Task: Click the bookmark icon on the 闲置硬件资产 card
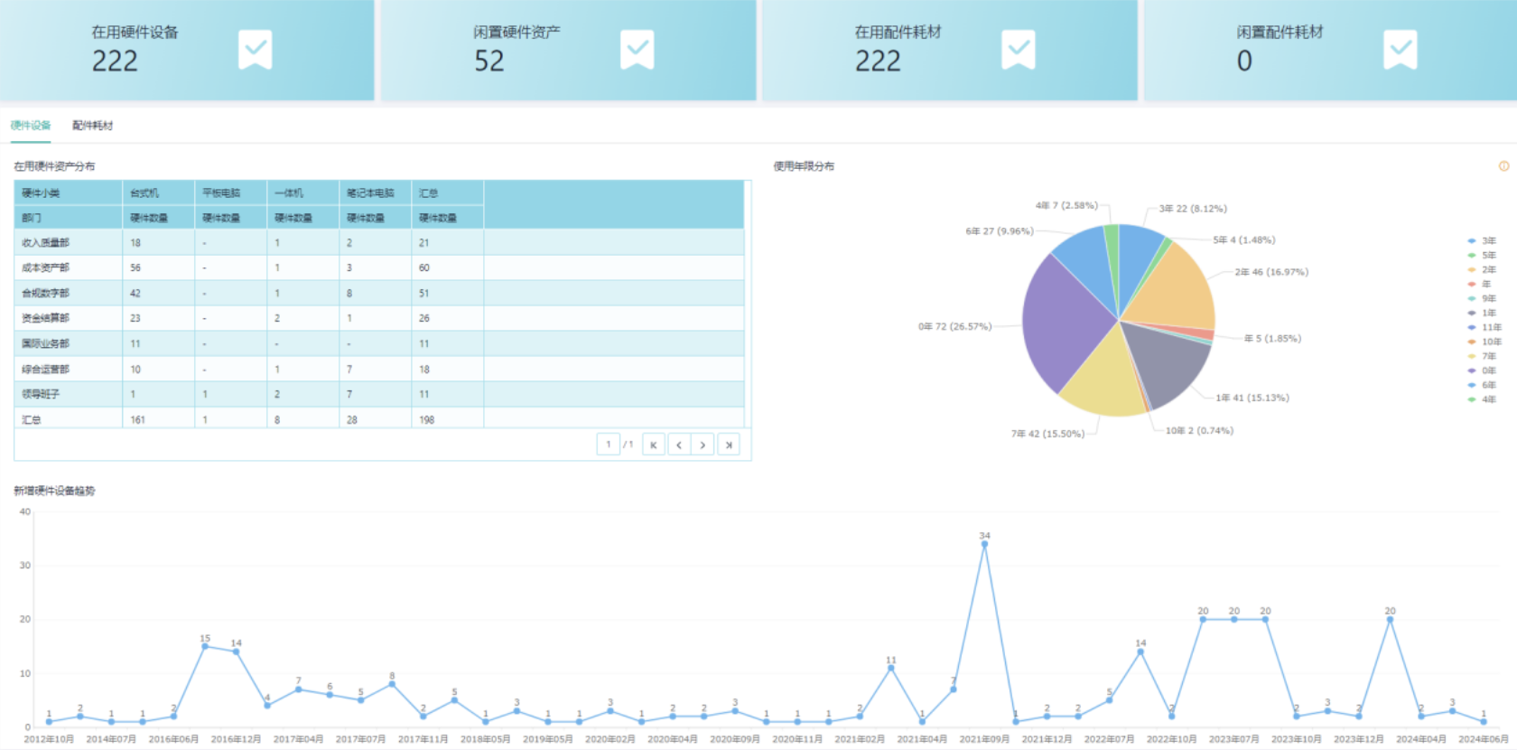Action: click(637, 50)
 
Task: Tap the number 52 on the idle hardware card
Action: click(489, 61)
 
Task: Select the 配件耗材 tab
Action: click(93, 126)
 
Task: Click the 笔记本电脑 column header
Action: click(370, 192)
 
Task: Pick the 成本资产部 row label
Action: click(45, 267)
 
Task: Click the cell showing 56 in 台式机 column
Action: click(135, 267)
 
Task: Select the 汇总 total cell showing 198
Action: click(427, 419)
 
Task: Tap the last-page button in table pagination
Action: click(728, 445)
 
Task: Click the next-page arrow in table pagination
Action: click(703, 445)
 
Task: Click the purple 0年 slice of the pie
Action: click(1066, 321)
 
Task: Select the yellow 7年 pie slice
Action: click(1102, 380)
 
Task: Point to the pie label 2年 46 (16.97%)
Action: click(1271, 272)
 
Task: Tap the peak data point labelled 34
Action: click(984, 544)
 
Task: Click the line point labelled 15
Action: click(205, 646)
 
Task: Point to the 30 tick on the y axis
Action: click(25, 566)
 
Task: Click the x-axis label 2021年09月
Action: click(984, 739)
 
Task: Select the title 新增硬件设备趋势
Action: click(54, 491)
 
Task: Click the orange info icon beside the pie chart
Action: click(1503, 166)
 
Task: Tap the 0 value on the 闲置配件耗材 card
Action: click(1244, 61)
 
